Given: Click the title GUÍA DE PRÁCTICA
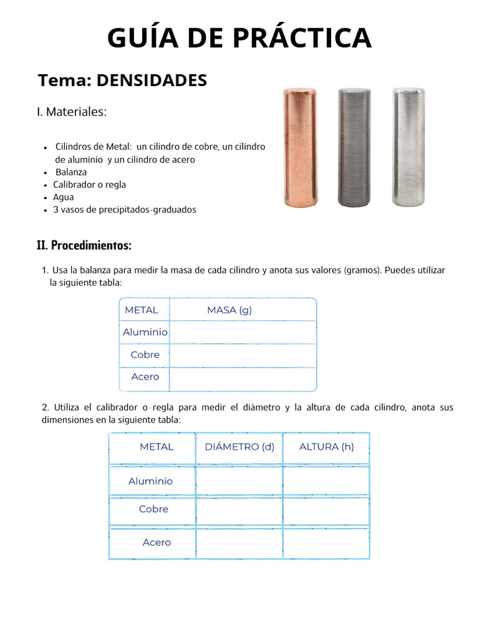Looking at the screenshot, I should (239, 39).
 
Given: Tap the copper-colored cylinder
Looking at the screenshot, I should (301, 147).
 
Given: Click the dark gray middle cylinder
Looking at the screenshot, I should (354, 147).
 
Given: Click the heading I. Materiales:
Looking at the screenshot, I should (72, 112).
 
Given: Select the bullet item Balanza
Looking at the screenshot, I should (71, 172).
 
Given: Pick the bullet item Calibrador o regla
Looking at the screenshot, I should (89, 185).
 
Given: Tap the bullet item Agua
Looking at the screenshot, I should (64, 197).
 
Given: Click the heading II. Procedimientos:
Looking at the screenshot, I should (84, 246).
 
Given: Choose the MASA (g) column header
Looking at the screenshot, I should (230, 310).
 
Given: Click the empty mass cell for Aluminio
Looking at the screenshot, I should (243, 333).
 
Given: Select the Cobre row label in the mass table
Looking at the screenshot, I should (145, 354).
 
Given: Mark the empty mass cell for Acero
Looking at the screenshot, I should (243, 378).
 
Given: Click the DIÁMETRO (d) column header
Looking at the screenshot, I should (239, 447).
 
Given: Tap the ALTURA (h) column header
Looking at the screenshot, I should (326, 447).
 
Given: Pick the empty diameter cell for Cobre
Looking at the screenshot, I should (239, 510).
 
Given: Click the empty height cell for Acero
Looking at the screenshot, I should (326, 542).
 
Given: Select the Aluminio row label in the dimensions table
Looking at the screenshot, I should (151, 481).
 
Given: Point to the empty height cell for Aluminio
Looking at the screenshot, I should (326, 481).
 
